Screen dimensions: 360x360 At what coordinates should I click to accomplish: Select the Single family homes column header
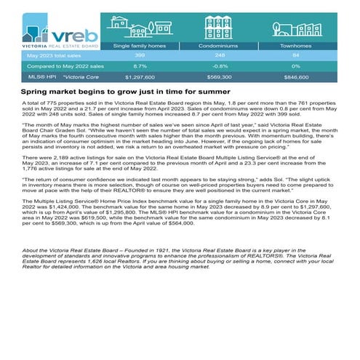tap(135, 44)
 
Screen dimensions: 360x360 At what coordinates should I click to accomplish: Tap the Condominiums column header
tap(219, 44)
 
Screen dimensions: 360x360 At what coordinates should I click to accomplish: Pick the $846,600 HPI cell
tap(296, 76)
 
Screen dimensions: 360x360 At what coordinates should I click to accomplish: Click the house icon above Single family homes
tap(135, 28)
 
